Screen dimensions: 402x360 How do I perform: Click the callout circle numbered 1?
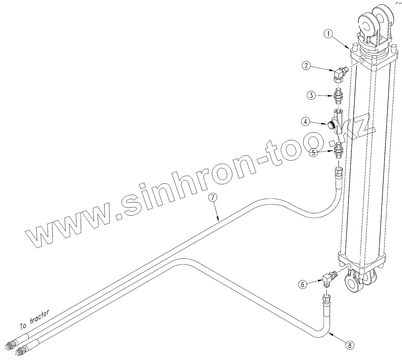click(329, 33)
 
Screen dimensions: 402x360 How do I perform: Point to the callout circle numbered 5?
click(313, 152)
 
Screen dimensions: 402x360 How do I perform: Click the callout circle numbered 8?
click(348, 345)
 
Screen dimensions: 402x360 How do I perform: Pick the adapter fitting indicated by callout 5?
click(338, 150)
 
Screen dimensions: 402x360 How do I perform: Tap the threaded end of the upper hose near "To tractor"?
click(11, 345)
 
